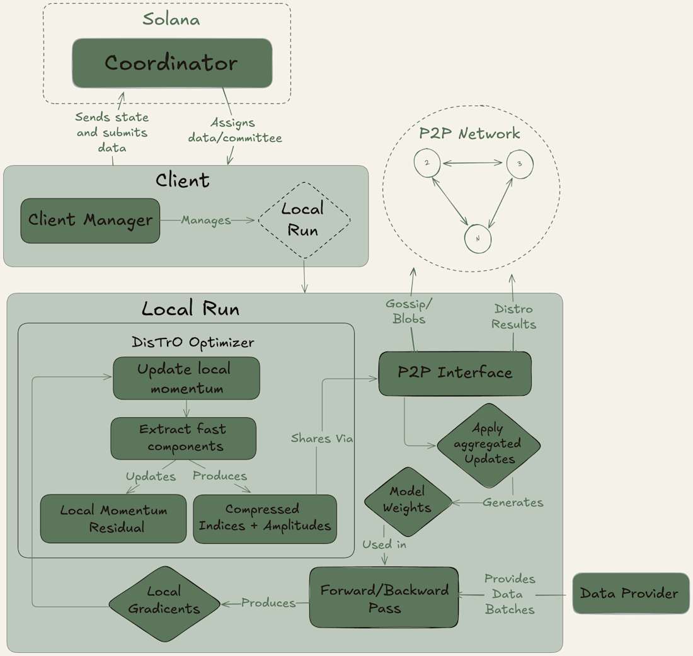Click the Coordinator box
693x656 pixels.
172,63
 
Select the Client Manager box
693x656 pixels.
90,221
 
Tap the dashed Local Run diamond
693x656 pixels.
304,220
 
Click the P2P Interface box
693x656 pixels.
455,373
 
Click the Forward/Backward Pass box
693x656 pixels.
384,597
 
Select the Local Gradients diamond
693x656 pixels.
164,603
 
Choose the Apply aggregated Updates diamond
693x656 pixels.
489,445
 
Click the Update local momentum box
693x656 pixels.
186,378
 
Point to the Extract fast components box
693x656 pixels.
183,438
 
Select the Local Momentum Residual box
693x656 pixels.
113,519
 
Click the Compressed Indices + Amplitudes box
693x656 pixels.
265,519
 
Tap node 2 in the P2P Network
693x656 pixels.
427,163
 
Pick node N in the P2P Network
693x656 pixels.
478,239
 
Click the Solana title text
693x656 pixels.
171,20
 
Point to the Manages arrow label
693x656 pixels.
206,221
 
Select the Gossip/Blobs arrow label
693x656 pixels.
409,311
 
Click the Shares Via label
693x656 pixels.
322,439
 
